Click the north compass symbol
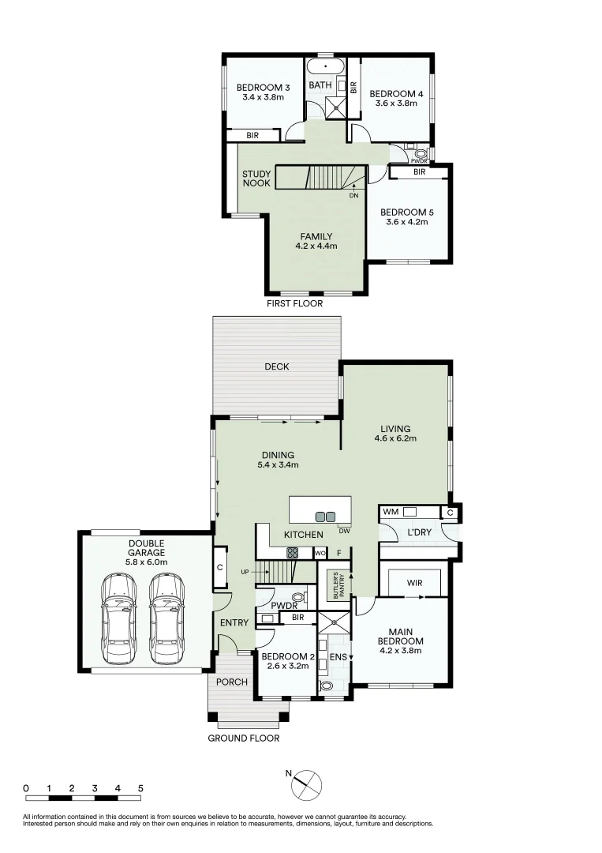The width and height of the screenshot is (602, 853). (306, 784)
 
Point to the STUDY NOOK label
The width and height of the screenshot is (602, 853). (256, 178)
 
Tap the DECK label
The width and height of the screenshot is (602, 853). (276, 366)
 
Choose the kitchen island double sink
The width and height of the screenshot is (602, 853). (325, 517)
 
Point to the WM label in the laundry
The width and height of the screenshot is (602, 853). (390, 513)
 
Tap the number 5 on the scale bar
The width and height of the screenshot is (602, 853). (140, 788)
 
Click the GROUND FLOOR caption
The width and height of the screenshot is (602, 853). (243, 738)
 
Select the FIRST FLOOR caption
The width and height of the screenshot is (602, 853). (295, 303)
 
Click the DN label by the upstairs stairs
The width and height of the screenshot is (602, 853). (354, 195)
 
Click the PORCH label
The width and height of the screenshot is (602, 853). (232, 682)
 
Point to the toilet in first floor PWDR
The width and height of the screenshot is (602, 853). (420, 153)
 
